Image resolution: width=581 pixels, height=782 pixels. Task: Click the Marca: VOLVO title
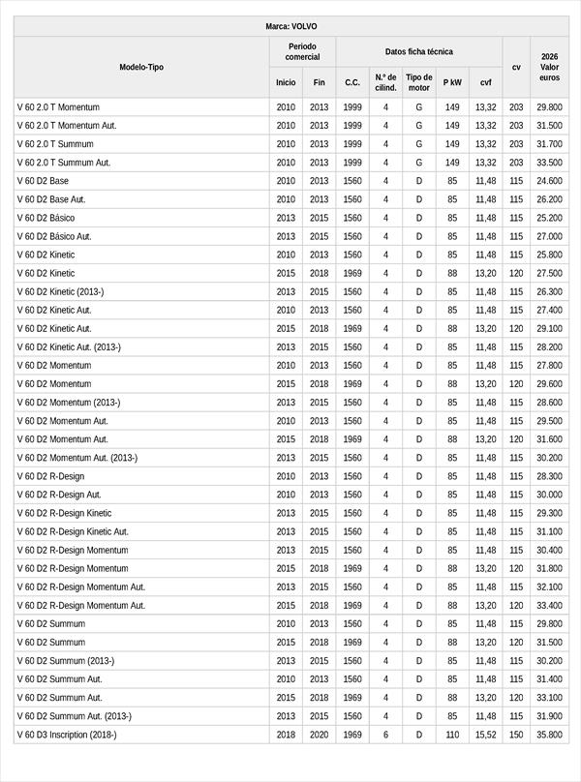click(x=290, y=26)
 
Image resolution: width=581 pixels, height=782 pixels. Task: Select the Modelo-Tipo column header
click(x=141, y=67)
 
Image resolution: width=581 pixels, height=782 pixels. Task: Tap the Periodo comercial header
click(x=302, y=51)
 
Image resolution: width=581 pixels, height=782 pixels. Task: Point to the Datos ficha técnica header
click(x=418, y=51)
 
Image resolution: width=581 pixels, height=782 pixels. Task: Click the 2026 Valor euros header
click(x=549, y=67)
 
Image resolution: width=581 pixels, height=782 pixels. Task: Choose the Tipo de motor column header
click(x=419, y=82)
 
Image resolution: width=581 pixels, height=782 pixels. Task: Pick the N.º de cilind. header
click(x=385, y=82)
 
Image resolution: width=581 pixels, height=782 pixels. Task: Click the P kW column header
click(x=452, y=82)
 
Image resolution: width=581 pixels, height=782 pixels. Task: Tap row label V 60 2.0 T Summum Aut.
click(x=64, y=163)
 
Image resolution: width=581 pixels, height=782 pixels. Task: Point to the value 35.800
click(x=549, y=735)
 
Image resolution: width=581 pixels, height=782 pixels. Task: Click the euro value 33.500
click(x=549, y=163)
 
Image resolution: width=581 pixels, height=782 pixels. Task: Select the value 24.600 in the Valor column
click(x=549, y=181)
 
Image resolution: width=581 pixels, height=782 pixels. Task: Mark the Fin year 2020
click(x=320, y=735)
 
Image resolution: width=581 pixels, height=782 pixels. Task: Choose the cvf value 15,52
click(x=485, y=735)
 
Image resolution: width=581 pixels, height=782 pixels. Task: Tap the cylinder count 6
click(x=385, y=735)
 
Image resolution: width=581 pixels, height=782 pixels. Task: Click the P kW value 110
click(x=452, y=735)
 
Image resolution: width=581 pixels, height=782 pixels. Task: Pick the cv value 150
click(x=516, y=735)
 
